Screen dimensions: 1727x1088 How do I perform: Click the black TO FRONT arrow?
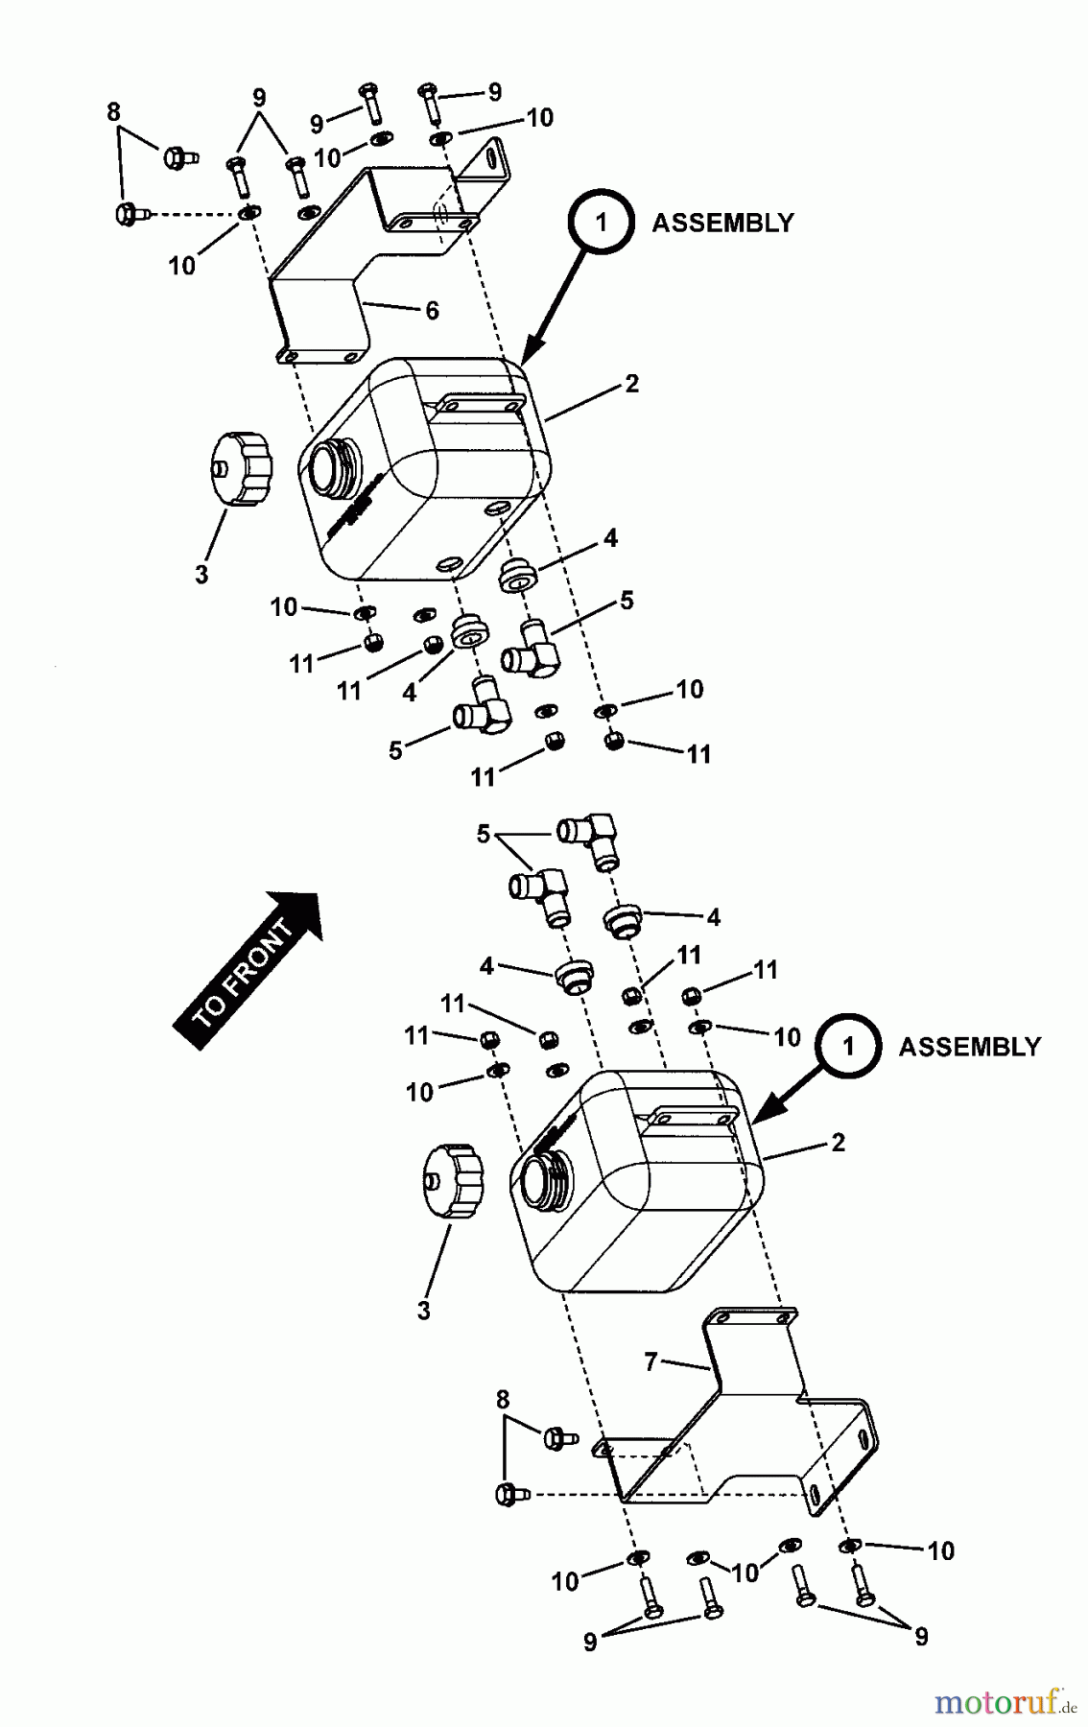click(248, 969)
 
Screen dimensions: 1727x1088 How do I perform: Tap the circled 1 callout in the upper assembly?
click(601, 223)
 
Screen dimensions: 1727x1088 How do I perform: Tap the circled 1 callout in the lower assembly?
click(848, 1046)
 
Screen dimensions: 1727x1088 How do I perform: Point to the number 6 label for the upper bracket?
click(432, 311)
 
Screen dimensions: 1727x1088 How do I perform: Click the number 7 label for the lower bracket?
click(651, 1361)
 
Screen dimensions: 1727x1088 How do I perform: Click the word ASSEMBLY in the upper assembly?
click(722, 223)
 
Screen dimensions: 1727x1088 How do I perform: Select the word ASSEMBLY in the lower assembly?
click(969, 1047)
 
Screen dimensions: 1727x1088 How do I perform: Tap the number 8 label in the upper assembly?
click(114, 112)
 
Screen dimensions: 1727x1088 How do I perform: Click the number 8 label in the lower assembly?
click(504, 1401)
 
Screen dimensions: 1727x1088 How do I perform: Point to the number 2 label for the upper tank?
click(630, 384)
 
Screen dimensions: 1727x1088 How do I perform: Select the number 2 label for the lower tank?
click(838, 1143)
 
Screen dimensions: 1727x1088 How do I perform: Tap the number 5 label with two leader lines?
click(484, 835)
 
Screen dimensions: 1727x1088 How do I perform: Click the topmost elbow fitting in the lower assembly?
click(591, 832)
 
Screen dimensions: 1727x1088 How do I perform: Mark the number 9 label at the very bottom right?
click(921, 1637)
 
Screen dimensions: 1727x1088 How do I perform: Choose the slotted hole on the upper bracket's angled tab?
click(495, 158)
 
